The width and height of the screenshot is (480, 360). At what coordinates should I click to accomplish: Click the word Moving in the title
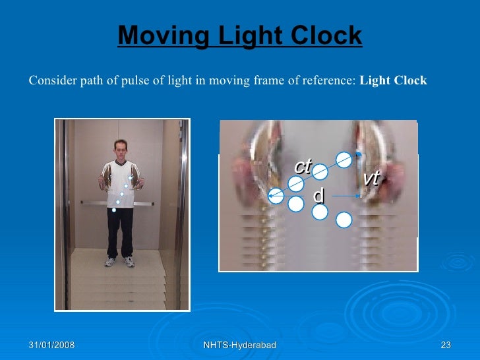pos(155,36)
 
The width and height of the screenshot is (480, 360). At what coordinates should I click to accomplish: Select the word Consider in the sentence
pos(48,81)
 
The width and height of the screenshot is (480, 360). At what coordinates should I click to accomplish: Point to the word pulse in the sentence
pos(139,81)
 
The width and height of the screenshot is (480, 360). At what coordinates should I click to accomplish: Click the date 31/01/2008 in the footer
pos(51,345)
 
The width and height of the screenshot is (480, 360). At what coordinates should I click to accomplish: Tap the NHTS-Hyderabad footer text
pos(239,345)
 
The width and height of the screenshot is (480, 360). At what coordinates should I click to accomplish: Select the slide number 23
pos(445,345)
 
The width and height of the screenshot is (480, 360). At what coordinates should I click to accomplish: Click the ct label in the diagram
pos(303,167)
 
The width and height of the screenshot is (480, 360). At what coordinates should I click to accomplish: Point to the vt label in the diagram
pos(372,178)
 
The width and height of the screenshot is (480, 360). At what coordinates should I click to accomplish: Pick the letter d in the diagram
pos(318,196)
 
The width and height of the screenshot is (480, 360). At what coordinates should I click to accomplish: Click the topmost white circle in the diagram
pos(344,159)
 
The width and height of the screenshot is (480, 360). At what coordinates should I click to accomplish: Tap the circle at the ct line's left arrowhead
pos(276,196)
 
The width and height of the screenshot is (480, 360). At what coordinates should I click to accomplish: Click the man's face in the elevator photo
pos(120,149)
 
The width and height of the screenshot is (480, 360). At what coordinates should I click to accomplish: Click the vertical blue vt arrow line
pos(359,175)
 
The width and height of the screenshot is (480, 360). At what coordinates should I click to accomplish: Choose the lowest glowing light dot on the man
pos(115,210)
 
